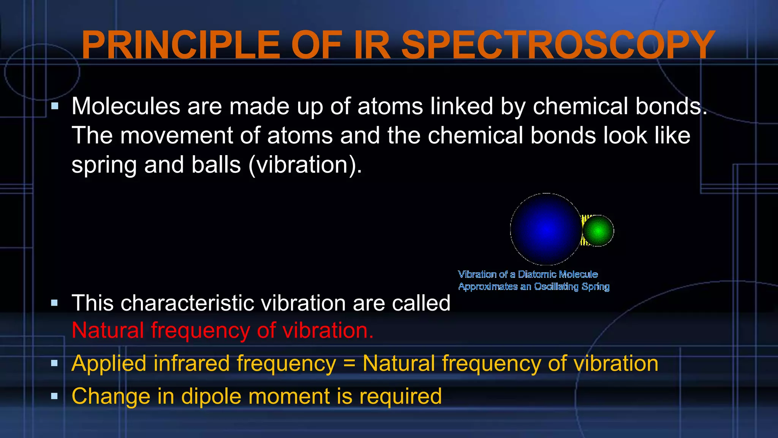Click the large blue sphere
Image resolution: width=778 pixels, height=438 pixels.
pos(546,229)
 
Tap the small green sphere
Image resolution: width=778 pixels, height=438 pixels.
pos(598,230)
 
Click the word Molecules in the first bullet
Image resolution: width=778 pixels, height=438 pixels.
pos(126,106)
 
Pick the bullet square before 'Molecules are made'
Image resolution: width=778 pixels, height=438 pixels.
pos(55,106)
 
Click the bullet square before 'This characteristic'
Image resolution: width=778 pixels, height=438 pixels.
pos(55,303)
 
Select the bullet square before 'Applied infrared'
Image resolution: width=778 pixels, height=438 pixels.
pos(55,363)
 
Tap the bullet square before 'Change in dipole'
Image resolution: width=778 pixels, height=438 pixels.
pos(55,396)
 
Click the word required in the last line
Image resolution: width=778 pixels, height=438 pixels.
pos(400,396)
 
